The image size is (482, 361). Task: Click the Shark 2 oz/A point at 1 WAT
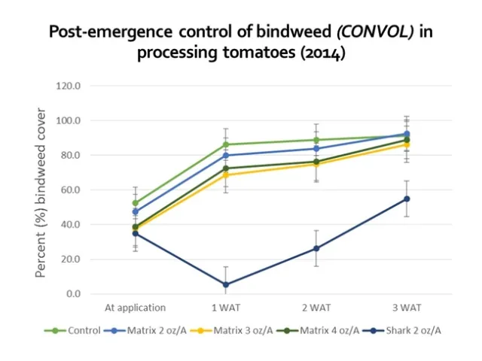tap(226, 284)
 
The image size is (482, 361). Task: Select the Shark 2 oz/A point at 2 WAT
tap(316, 248)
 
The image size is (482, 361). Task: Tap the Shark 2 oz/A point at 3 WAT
tap(407, 199)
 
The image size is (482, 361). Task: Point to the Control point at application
tap(136, 203)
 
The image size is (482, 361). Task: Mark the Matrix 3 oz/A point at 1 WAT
tap(226, 175)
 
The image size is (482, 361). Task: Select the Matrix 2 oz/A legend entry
tap(140, 329)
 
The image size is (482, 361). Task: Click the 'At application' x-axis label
tap(136, 308)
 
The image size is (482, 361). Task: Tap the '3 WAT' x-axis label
tap(407, 308)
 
